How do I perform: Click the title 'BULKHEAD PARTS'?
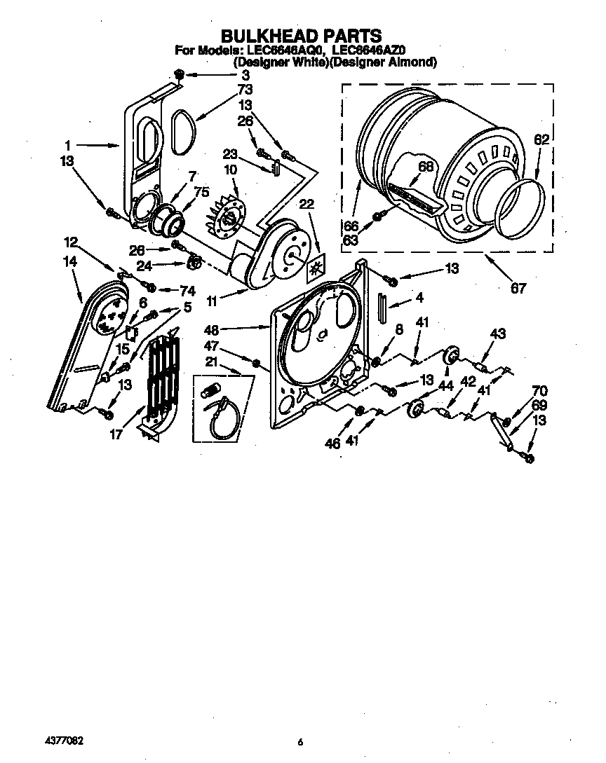pos(302,35)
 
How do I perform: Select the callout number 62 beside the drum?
pos(541,140)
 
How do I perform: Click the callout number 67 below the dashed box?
pos(518,288)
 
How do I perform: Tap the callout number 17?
pos(116,435)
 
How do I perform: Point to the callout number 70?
pos(539,390)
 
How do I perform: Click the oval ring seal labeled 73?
pos(182,132)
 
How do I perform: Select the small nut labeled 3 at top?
pos(179,74)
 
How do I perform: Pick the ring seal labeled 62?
pos(522,207)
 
